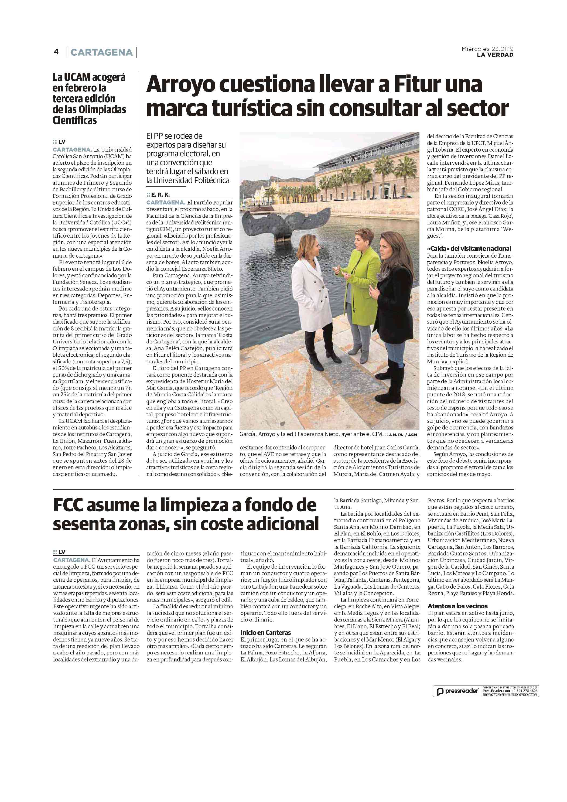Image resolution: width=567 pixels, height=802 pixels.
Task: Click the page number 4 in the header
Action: coord(56,52)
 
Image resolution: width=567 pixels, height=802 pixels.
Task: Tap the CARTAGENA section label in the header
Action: coord(101,52)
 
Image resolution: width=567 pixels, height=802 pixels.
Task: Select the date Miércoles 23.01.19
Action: coord(487,49)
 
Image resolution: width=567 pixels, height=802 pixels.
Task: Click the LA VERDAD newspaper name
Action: coord(495,55)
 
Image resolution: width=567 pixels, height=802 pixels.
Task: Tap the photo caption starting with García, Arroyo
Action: coord(311,435)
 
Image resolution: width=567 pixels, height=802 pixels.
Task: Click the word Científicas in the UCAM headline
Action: coord(75,121)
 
